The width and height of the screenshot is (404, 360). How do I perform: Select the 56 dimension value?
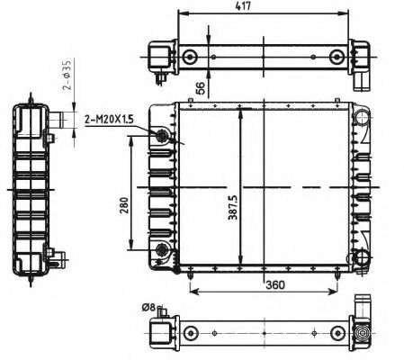(x=199, y=86)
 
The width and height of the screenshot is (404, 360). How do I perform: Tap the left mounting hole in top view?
(x=189, y=58)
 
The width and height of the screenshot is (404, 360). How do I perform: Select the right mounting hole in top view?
(x=337, y=58)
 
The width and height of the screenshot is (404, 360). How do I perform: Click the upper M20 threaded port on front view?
(x=163, y=136)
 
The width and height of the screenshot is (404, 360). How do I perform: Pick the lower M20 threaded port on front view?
(x=163, y=249)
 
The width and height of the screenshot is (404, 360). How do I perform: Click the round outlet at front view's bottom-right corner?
(x=362, y=259)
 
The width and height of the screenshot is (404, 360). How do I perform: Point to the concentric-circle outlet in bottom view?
(x=364, y=333)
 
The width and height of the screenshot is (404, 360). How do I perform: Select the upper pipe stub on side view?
(x=58, y=118)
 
